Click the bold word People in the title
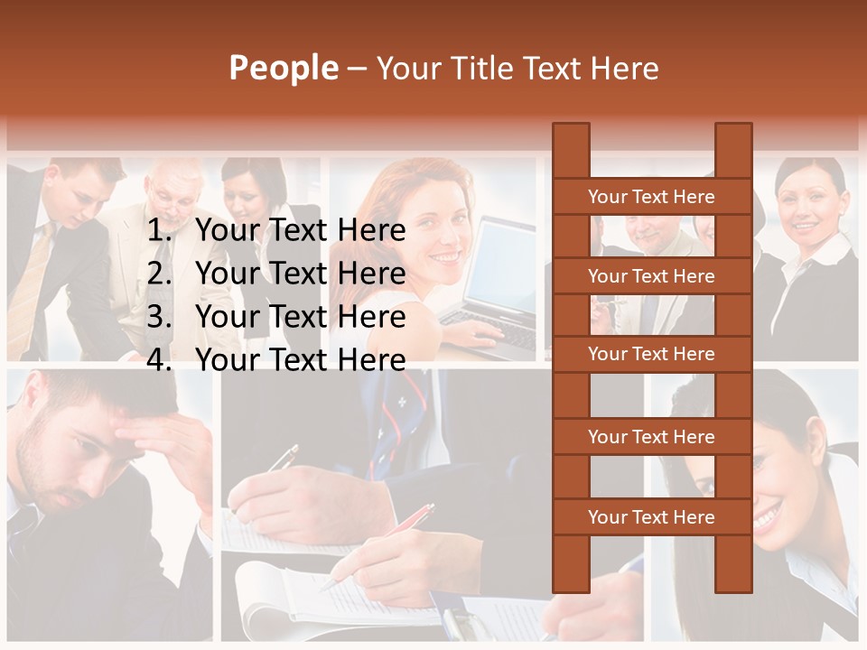(284, 69)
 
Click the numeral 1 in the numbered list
(158, 231)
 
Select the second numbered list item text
(300, 274)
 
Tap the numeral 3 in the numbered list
(158, 317)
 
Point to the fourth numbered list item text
(300, 360)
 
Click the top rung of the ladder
(651, 197)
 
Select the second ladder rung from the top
(651, 276)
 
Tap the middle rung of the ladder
(651, 355)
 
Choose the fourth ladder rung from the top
(651, 437)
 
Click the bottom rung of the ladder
(651, 517)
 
